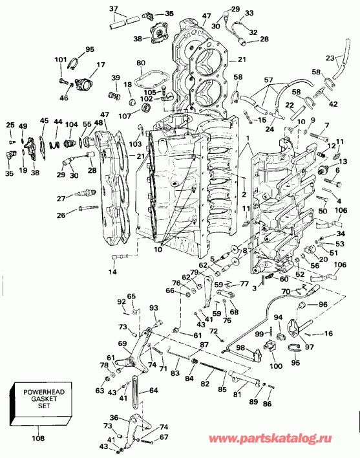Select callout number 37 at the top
pos(113,8)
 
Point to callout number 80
pos(141,63)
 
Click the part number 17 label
pos(100,65)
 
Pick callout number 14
pos(113,272)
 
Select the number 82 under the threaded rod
pos(206,384)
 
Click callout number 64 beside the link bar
pos(153,390)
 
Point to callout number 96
pos(323,305)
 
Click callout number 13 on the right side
pos(343,161)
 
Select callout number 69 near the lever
pos(122,343)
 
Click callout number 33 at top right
pos(249,13)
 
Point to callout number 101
pos(61,60)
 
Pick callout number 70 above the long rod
pos(284,292)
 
